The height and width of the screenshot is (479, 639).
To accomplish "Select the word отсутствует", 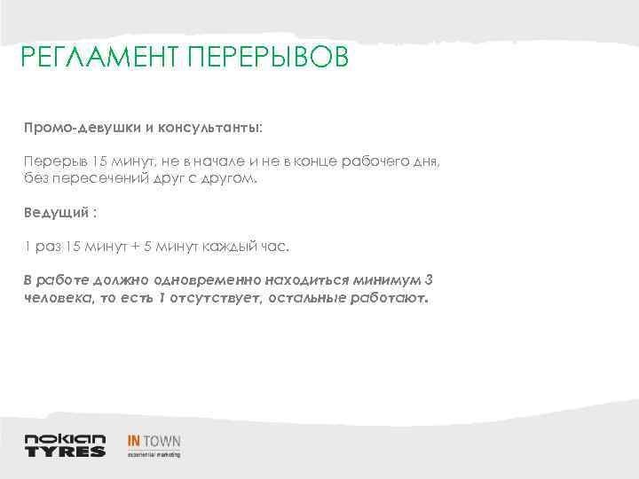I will click(x=215, y=298).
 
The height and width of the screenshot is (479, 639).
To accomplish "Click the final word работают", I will click(x=392, y=298).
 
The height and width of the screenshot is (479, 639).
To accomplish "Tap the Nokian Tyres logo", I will click(x=65, y=444).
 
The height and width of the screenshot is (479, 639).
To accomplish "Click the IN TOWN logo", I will click(x=154, y=444).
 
